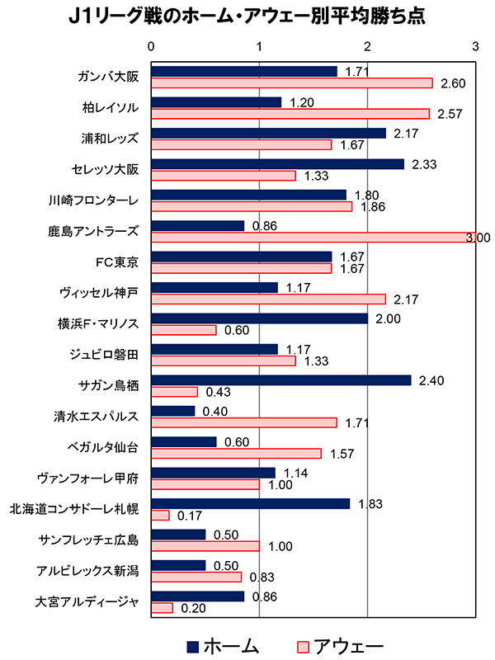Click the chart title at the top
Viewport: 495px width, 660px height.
point(247,17)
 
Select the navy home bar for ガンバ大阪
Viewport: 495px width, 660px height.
point(244,71)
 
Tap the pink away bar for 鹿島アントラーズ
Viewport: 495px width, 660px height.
point(313,238)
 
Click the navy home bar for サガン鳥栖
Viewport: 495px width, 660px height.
point(281,379)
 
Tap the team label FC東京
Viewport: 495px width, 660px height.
point(118,262)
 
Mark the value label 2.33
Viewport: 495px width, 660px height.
point(425,163)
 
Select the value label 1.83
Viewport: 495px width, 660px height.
point(370,503)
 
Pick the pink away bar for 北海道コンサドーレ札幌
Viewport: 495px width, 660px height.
point(160,515)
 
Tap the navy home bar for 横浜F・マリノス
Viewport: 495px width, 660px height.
point(259,318)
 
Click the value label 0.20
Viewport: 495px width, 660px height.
point(193,608)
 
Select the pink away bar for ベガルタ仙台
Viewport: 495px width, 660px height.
point(236,453)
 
